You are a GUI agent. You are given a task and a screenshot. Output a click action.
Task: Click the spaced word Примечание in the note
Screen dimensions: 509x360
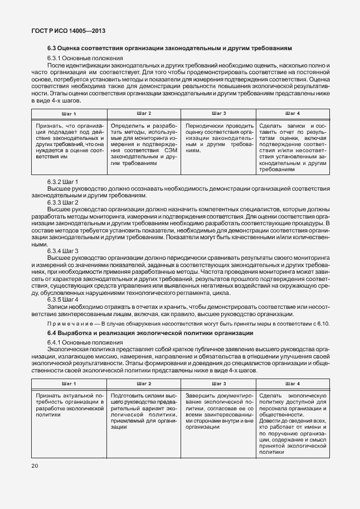coord(69,323)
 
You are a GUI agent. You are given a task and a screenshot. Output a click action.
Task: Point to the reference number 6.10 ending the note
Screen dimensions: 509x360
coord(324,323)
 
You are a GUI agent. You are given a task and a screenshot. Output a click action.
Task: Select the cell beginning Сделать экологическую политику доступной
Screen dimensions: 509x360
coord(292,424)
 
